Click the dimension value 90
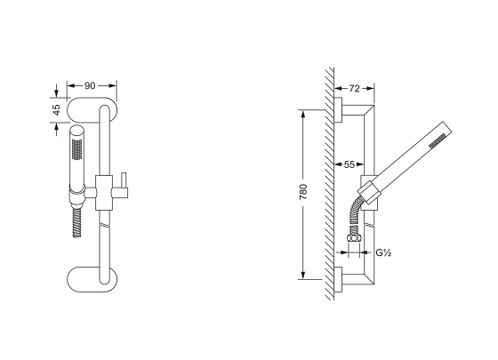click(90, 85)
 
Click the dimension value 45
click(56, 110)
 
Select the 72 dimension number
click(354, 89)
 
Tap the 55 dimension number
click(349, 164)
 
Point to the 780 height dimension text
click(303, 192)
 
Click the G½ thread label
click(383, 253)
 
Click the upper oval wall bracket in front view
click(92, 109)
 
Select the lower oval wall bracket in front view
click(92, 279)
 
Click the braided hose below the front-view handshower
click(77, 223)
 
